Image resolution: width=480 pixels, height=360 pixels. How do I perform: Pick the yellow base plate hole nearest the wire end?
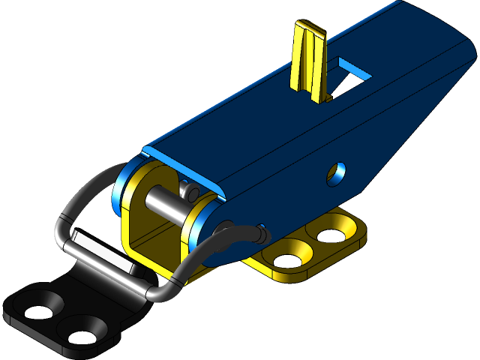(287, 258)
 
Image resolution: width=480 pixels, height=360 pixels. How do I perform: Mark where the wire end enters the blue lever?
(259, 233)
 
